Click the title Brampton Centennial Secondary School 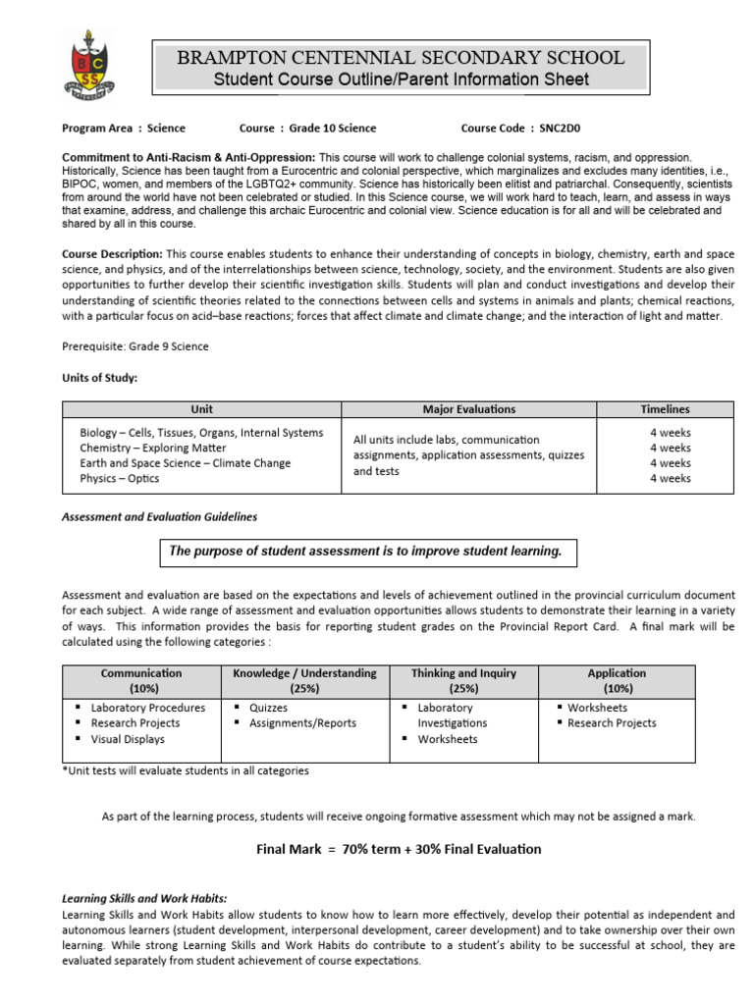[400, 58]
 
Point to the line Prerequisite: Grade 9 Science [135, 345]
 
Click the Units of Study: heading [100, 378]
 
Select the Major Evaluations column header [468, 409]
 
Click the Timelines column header [665, 409]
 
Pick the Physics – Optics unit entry [120, 479]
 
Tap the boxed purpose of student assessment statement [366, 552]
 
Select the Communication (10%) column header [141, 680]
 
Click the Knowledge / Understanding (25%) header [303, 680]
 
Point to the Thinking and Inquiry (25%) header [463, 680]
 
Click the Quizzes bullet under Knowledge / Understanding [268, 708]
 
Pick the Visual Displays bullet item [128, 739]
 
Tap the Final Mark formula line [393, 849]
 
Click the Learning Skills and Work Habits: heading [144, 898]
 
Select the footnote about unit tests [186, 770]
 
